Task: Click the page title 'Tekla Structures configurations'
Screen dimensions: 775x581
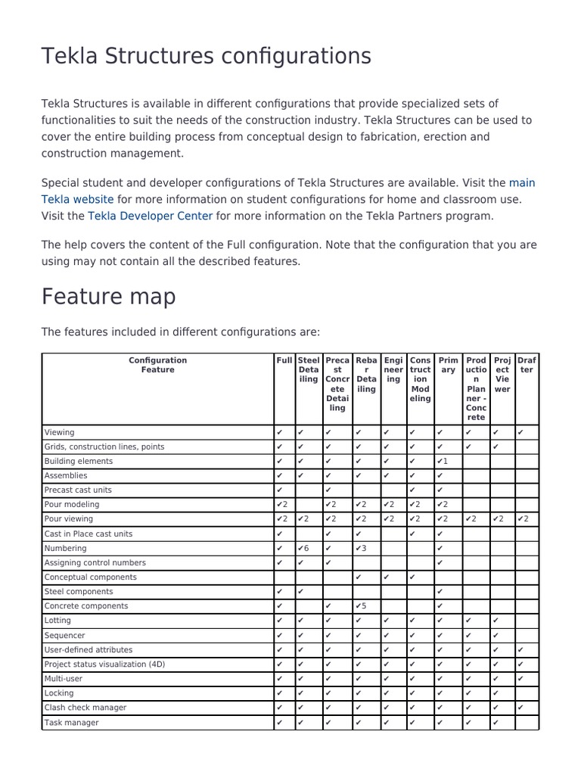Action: [x=206, y=56]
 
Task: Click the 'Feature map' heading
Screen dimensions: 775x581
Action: [x=108, y=296]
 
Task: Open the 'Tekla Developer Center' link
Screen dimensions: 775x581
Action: [x=151, y=216]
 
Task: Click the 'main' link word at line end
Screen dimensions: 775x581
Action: [x=522, y=182]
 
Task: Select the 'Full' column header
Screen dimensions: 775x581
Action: [x=284, y=361]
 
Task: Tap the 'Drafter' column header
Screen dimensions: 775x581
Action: [x=527, y=366]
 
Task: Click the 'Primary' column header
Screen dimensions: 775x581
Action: [x=448, y=366]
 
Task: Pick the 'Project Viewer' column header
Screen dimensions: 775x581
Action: [x=502, y=375]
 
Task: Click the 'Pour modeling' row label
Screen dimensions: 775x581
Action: [x=72, y=504]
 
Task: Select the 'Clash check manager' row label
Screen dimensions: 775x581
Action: [x=85, y=708]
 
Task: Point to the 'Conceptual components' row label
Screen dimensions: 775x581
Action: [x=91, y=577]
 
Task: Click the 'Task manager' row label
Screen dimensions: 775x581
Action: [x=72, y=723]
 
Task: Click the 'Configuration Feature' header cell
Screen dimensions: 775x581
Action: [x=157, y=366]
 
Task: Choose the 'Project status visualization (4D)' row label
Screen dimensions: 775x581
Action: [x=104, y=665]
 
